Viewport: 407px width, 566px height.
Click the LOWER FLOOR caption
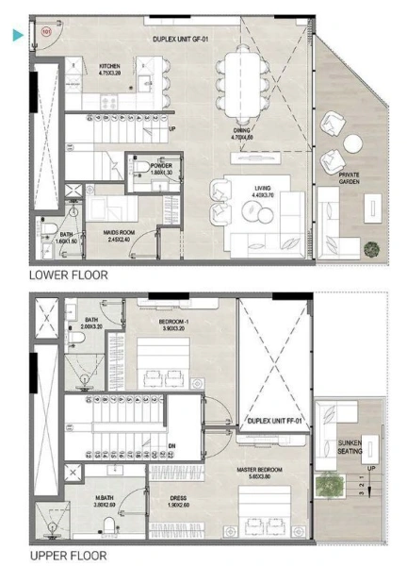click(x=68, y=275)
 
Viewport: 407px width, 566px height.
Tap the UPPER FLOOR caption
click(x=67, y=556)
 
